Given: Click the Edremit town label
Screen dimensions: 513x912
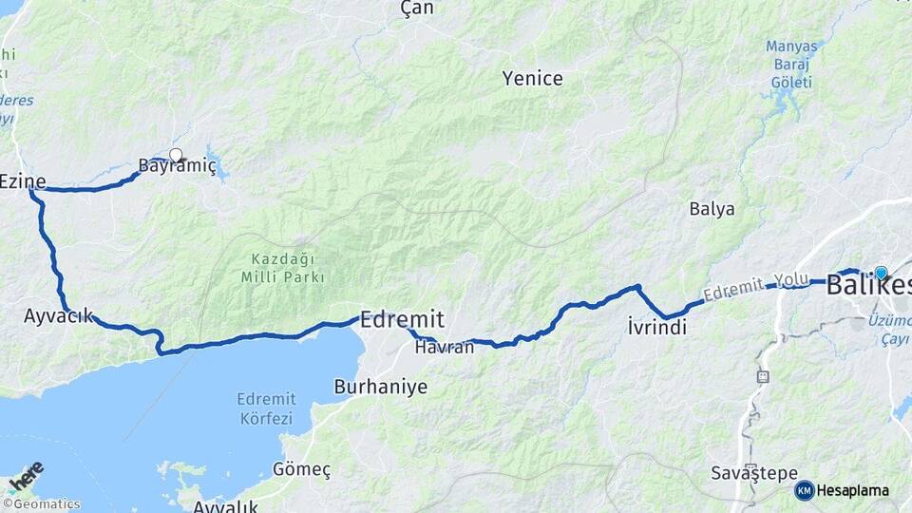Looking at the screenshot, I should click(402, 319).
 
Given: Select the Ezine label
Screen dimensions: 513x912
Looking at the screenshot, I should click(23, 180).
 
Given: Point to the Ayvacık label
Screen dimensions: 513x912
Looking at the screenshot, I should click(59, 315).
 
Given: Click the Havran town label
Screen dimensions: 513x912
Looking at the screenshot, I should click(445, 348).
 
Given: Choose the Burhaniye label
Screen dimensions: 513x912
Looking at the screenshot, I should click(381, 387).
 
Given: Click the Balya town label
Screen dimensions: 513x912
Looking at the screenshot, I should click(712, 209).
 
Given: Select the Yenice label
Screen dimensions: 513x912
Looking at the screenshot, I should click(533, 79).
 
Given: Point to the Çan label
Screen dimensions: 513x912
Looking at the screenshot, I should click(417, 9).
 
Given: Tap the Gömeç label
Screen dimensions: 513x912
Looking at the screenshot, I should click(301, 469).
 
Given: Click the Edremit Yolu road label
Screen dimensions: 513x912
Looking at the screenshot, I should click(750, 286).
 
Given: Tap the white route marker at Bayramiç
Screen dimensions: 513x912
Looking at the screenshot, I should click(176, 154).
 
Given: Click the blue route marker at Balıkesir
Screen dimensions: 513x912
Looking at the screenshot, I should click(881, 273).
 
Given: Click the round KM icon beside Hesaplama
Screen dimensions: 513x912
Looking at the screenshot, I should click(805, 490).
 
